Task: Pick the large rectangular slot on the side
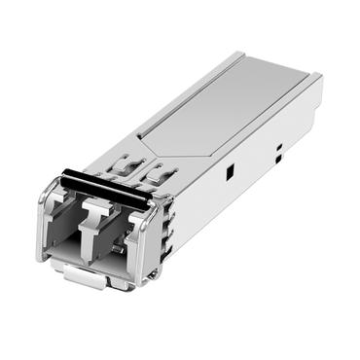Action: tap(230, 171)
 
